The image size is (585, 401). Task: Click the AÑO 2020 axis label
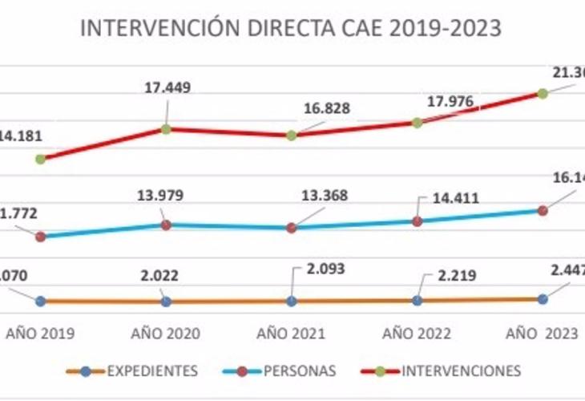pyautogui.click(x=166, y=333)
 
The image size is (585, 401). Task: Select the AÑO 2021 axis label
pyautogui.click(x=292, y=333)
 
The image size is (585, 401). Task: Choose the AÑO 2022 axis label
pyautogui.click(x=417, y=333)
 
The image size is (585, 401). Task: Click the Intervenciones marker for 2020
pyautogui.click(x=166, y=128)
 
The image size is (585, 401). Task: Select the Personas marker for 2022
pyautogui.click(x=417, y=221)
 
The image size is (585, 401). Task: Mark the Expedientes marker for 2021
pyautogui.click(x=292, y=301)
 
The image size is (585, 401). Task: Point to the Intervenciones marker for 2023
pyautogui.click(x=543, y=93)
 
